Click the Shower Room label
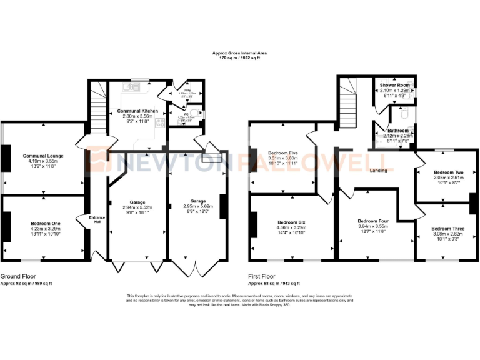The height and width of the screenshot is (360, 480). (394, 84)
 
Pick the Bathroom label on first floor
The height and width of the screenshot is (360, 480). (398, 130)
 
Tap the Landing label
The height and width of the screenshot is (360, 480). (378, 170)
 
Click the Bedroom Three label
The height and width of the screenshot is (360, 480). (448, 229)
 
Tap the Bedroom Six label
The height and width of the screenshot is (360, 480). (292, 222)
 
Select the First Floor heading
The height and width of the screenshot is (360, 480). (263, 276)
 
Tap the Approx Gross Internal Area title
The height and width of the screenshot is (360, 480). (240, 54)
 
